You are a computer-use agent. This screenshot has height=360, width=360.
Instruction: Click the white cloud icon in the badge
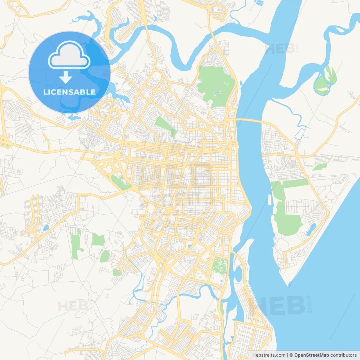click(69, 55)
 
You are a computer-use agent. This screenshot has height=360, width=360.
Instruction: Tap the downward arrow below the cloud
click(66, 77)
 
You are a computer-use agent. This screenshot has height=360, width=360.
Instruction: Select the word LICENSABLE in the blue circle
click(69, 92)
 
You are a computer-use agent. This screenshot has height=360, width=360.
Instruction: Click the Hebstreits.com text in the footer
click(269, 355)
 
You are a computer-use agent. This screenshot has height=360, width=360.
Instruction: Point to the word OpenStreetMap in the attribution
click(312, 355)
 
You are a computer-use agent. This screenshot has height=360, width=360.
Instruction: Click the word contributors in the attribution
click(343, 355)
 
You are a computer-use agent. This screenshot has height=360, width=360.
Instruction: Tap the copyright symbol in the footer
click(291, 355)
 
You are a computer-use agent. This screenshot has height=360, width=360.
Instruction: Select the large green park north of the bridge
click(216, 84)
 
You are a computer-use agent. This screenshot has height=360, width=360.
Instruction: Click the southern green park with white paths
click(220, 265)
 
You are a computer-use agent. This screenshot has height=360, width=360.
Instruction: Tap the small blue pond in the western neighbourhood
click(46, 228)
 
